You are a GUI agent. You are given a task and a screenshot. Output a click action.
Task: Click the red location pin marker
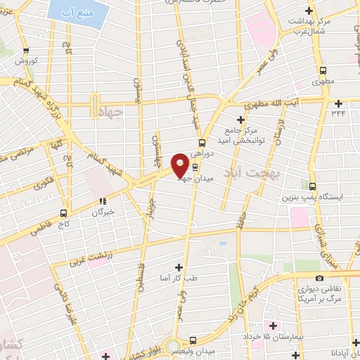180,166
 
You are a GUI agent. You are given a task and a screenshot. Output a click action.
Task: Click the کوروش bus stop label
27,61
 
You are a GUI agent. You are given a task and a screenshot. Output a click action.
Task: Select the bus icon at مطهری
323,70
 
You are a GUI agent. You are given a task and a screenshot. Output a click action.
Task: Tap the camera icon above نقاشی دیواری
320,278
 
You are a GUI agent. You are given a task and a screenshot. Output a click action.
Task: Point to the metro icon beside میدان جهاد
195,167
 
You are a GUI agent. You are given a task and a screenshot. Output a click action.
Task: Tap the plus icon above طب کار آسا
179,267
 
